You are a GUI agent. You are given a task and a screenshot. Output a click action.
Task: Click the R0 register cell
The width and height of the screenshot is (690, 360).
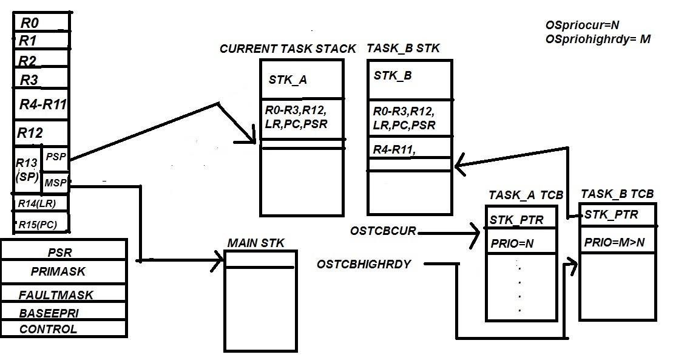coord(41,23)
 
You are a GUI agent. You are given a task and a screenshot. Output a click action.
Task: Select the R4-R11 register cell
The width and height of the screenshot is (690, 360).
coord(42,104)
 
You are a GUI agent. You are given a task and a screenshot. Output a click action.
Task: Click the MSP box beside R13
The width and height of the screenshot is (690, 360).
coord(55,183)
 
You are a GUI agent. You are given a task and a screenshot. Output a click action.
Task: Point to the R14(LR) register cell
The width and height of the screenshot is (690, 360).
coord(41,203)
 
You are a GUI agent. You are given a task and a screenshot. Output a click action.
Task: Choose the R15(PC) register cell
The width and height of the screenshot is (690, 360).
coord(41,224)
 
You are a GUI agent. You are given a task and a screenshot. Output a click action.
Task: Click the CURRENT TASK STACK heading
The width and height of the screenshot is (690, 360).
coord(288,49)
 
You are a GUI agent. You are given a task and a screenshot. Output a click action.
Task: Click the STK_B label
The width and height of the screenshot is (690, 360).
coord(393,76)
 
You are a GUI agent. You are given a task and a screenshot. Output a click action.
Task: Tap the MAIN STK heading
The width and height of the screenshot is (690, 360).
coord(255,243)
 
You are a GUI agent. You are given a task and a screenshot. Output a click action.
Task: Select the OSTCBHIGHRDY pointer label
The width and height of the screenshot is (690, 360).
coord(364,264)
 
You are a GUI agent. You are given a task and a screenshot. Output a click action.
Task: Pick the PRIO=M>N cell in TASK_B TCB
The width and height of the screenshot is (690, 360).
coord(614,243)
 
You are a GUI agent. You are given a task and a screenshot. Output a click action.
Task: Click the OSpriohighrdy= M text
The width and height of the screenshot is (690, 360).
coord(598,39)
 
